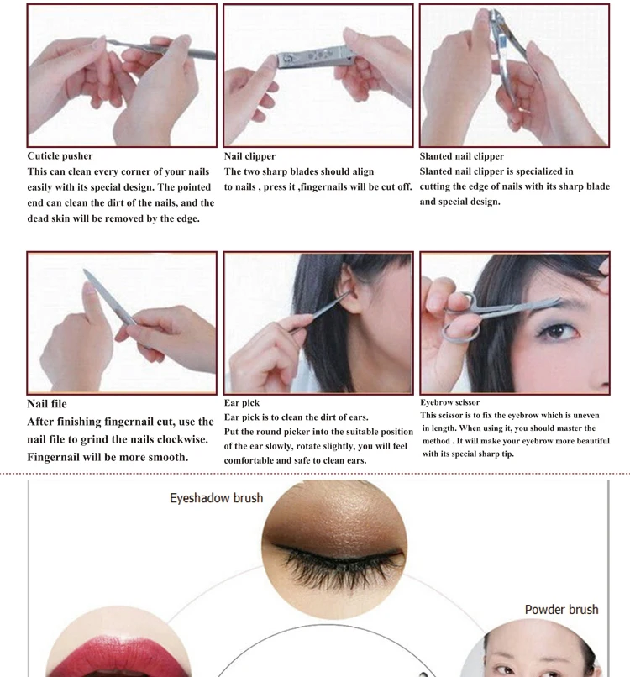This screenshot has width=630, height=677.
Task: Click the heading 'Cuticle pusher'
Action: [60, 156]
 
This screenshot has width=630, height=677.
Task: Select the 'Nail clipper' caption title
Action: [249, 156]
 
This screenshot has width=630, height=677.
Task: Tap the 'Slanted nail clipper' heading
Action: [462, 156]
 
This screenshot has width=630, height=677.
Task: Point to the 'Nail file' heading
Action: [47, 404]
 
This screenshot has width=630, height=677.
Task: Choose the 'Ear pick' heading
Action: [241, 403]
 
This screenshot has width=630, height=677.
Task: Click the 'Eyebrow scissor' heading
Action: [450, 402]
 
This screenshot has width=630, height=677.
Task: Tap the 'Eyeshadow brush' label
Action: [217, 498]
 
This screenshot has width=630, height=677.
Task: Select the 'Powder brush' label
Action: [561, 609]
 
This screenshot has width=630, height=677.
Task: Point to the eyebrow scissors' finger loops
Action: [459, 319]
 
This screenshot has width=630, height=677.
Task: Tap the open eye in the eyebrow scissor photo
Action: [558, 331]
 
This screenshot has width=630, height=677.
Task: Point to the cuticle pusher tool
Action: [161, 49]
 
